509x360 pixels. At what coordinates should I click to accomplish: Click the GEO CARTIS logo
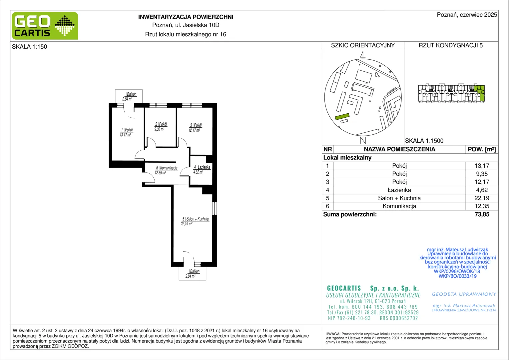[45, 26]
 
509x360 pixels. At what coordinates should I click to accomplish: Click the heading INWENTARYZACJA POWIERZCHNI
[186, 17]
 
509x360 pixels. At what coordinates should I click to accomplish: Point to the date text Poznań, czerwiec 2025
[467, 15]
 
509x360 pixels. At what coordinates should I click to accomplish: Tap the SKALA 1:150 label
[30, 47]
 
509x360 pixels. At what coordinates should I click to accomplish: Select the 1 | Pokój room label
[127, 130]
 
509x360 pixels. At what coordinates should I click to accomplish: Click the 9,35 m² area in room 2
[159, 129]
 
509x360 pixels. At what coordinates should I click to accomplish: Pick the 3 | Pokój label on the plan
[196, 125]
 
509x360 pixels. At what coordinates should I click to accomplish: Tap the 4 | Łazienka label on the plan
[202, 167]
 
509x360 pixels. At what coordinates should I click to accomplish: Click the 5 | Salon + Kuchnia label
[196, 219]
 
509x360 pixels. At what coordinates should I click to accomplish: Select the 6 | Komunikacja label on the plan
[167, 168]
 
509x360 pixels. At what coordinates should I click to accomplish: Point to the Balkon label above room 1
[131, 94]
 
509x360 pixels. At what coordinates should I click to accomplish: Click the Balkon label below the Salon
[195, 271]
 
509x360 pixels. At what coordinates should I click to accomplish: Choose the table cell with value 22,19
[482, 198]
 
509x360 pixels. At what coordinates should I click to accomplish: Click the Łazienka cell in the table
[399, 190]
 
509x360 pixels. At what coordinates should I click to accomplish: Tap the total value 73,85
[482, 214]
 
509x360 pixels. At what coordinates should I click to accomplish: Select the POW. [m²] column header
[482, 149]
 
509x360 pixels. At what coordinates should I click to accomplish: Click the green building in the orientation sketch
[342, 117]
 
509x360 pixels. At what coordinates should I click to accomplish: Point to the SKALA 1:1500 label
[424, 141]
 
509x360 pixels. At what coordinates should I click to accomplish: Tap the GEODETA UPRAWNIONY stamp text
[464, 294]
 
